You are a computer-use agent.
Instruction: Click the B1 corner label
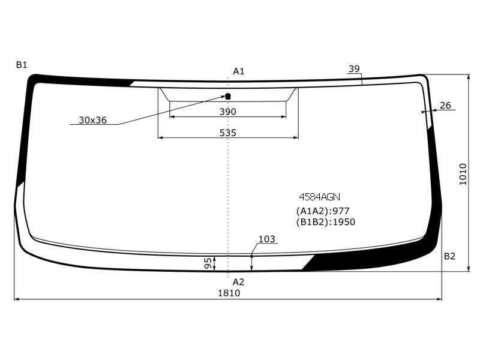coord(22,65)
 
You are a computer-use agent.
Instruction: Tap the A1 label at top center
coord(238,71)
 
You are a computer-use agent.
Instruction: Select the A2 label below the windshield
coord(238,281)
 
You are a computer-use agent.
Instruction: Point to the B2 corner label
coord(449,256)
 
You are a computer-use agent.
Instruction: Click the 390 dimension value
coord(228,112)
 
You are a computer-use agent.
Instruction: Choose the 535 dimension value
coord(228,133)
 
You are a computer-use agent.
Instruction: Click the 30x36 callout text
coord(93,120)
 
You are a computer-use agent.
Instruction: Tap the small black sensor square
coord(228,97)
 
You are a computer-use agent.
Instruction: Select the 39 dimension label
coord(354,69)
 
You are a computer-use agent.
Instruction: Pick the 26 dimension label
coord(445,106)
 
